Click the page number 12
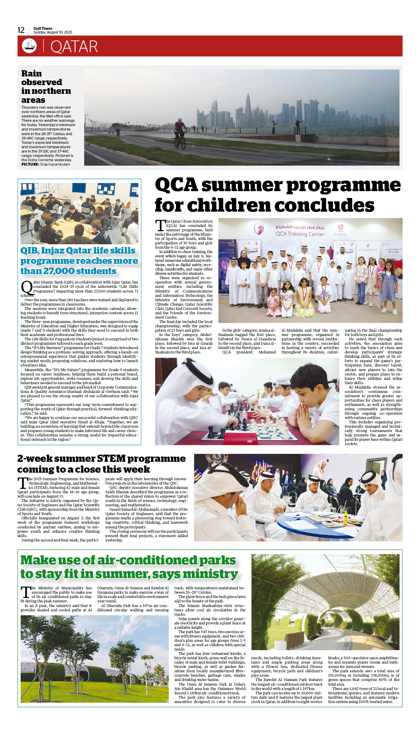tap(21, 30)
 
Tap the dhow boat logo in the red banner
tap(29, 46)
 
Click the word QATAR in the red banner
tap(74, 47)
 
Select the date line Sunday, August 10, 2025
tap(53, 32)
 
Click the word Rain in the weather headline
tap(31, 74)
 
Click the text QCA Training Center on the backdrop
tap(300, 234)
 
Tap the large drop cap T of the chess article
tap(160, 225)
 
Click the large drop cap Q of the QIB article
tap(27, 287)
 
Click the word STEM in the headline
tap(111, 459)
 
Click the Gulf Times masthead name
tap(43, 28)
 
